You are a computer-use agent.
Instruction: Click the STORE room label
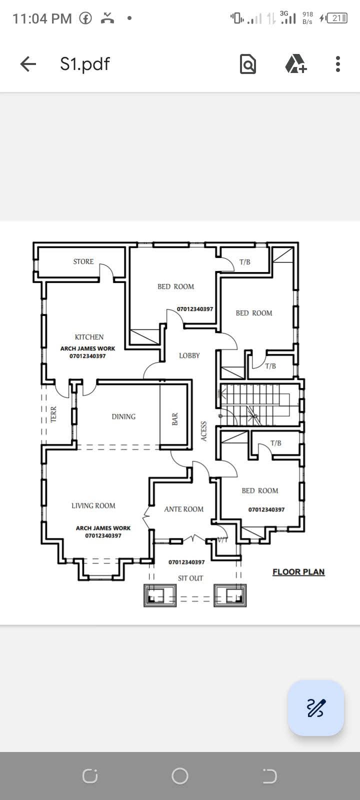(x=83, y=261)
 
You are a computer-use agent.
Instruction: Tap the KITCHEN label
(x=89, y=337)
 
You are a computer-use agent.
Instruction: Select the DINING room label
(x=123, y=416)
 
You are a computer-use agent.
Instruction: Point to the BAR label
(x=175, y=419)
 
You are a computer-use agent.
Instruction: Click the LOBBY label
(x=189, y=355)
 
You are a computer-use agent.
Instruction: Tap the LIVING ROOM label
(x=93, y=505)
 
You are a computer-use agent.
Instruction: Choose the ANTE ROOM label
(x=184, y=509)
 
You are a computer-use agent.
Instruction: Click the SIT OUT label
(x=190, y=578)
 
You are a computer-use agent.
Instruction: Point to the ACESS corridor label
(x=204, y=431)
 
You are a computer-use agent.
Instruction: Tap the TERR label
(x=53, y=414)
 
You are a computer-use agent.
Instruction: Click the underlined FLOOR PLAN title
(x=298, y=572)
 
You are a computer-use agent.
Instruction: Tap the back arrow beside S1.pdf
(x=28, y=64)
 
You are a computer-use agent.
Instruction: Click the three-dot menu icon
(x=338, y=64)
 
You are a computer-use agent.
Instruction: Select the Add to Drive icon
(x=295, y=64)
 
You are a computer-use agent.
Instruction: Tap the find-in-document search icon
(x=248, y=64)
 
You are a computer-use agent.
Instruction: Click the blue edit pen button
(x=315, y=707)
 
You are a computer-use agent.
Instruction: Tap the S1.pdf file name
(x=85, y=64)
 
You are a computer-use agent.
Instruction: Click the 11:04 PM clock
(x=42, y=18)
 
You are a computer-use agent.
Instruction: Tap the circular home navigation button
(x=180, y=775)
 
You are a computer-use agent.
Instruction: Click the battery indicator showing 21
(x=337, y=18)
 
